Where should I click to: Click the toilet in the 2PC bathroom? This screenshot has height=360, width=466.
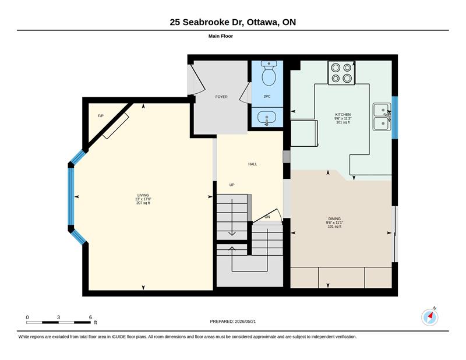[x=269, y=73]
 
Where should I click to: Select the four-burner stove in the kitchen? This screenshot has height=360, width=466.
[x=341, y=73]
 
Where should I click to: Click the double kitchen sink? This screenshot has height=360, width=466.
[x=382, y=117]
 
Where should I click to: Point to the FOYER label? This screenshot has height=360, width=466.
[x=221, y=97]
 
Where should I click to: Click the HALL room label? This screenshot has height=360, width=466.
[x=253, y=164]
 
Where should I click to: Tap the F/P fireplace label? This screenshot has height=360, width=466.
[x=101, y=116]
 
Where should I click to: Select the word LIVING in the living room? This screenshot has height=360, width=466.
[x=143, y=195]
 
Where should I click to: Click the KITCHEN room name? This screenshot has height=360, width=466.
[x=343, y=114]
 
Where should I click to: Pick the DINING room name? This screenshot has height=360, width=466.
[x=334, y=218]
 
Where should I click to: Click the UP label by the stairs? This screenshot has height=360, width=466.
[x=232, y=185]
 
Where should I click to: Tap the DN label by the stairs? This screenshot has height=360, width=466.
[x=267, y=217]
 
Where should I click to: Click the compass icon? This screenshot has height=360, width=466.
[x=430, y=317]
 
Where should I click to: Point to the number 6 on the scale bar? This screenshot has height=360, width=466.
[x=90, y=317]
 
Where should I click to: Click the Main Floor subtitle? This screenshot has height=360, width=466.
[x=221, y=36]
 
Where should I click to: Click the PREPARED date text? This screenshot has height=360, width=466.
[x=233, y=322]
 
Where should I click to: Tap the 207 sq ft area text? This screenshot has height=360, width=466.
[x=143, y=203]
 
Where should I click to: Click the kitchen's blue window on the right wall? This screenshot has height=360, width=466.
[x=395, y=118]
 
